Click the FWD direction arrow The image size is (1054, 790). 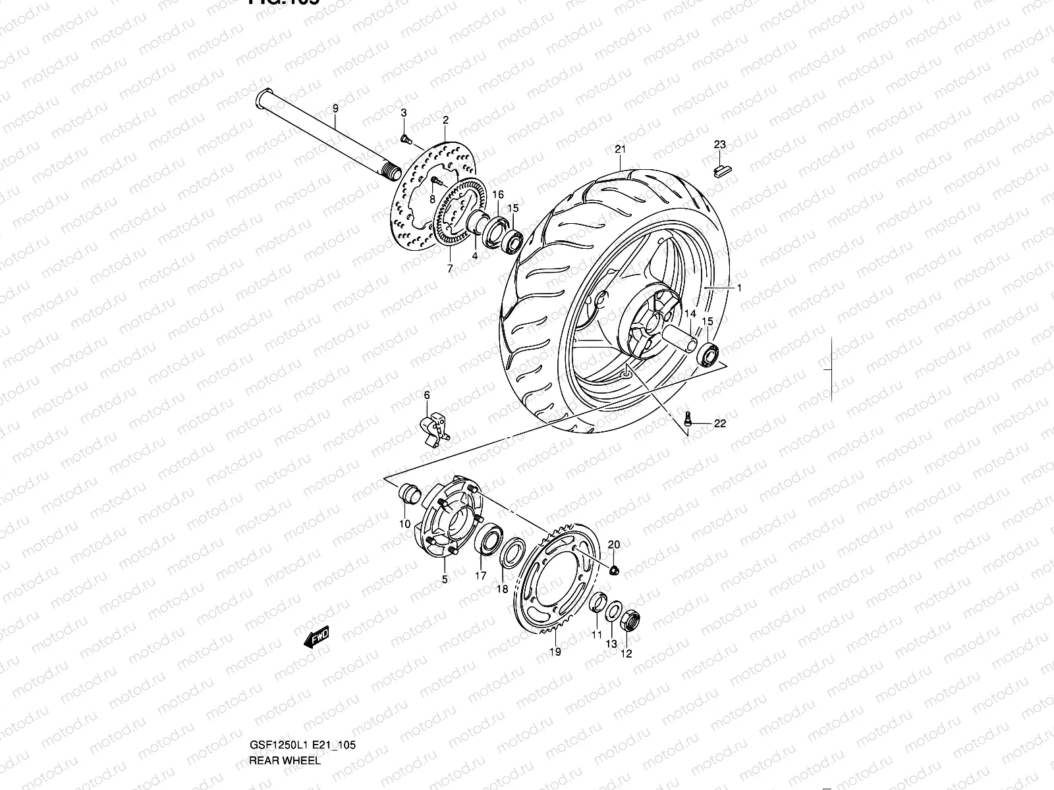317,637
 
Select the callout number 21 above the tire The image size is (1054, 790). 620,149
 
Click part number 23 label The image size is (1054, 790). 719,145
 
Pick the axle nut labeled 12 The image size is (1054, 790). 628,620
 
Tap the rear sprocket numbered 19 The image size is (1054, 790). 557,579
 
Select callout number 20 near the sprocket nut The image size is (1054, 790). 614,544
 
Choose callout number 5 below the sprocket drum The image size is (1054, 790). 445,579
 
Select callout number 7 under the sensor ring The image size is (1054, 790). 450,269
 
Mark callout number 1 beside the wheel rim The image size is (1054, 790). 739,288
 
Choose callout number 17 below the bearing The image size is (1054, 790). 481,576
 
